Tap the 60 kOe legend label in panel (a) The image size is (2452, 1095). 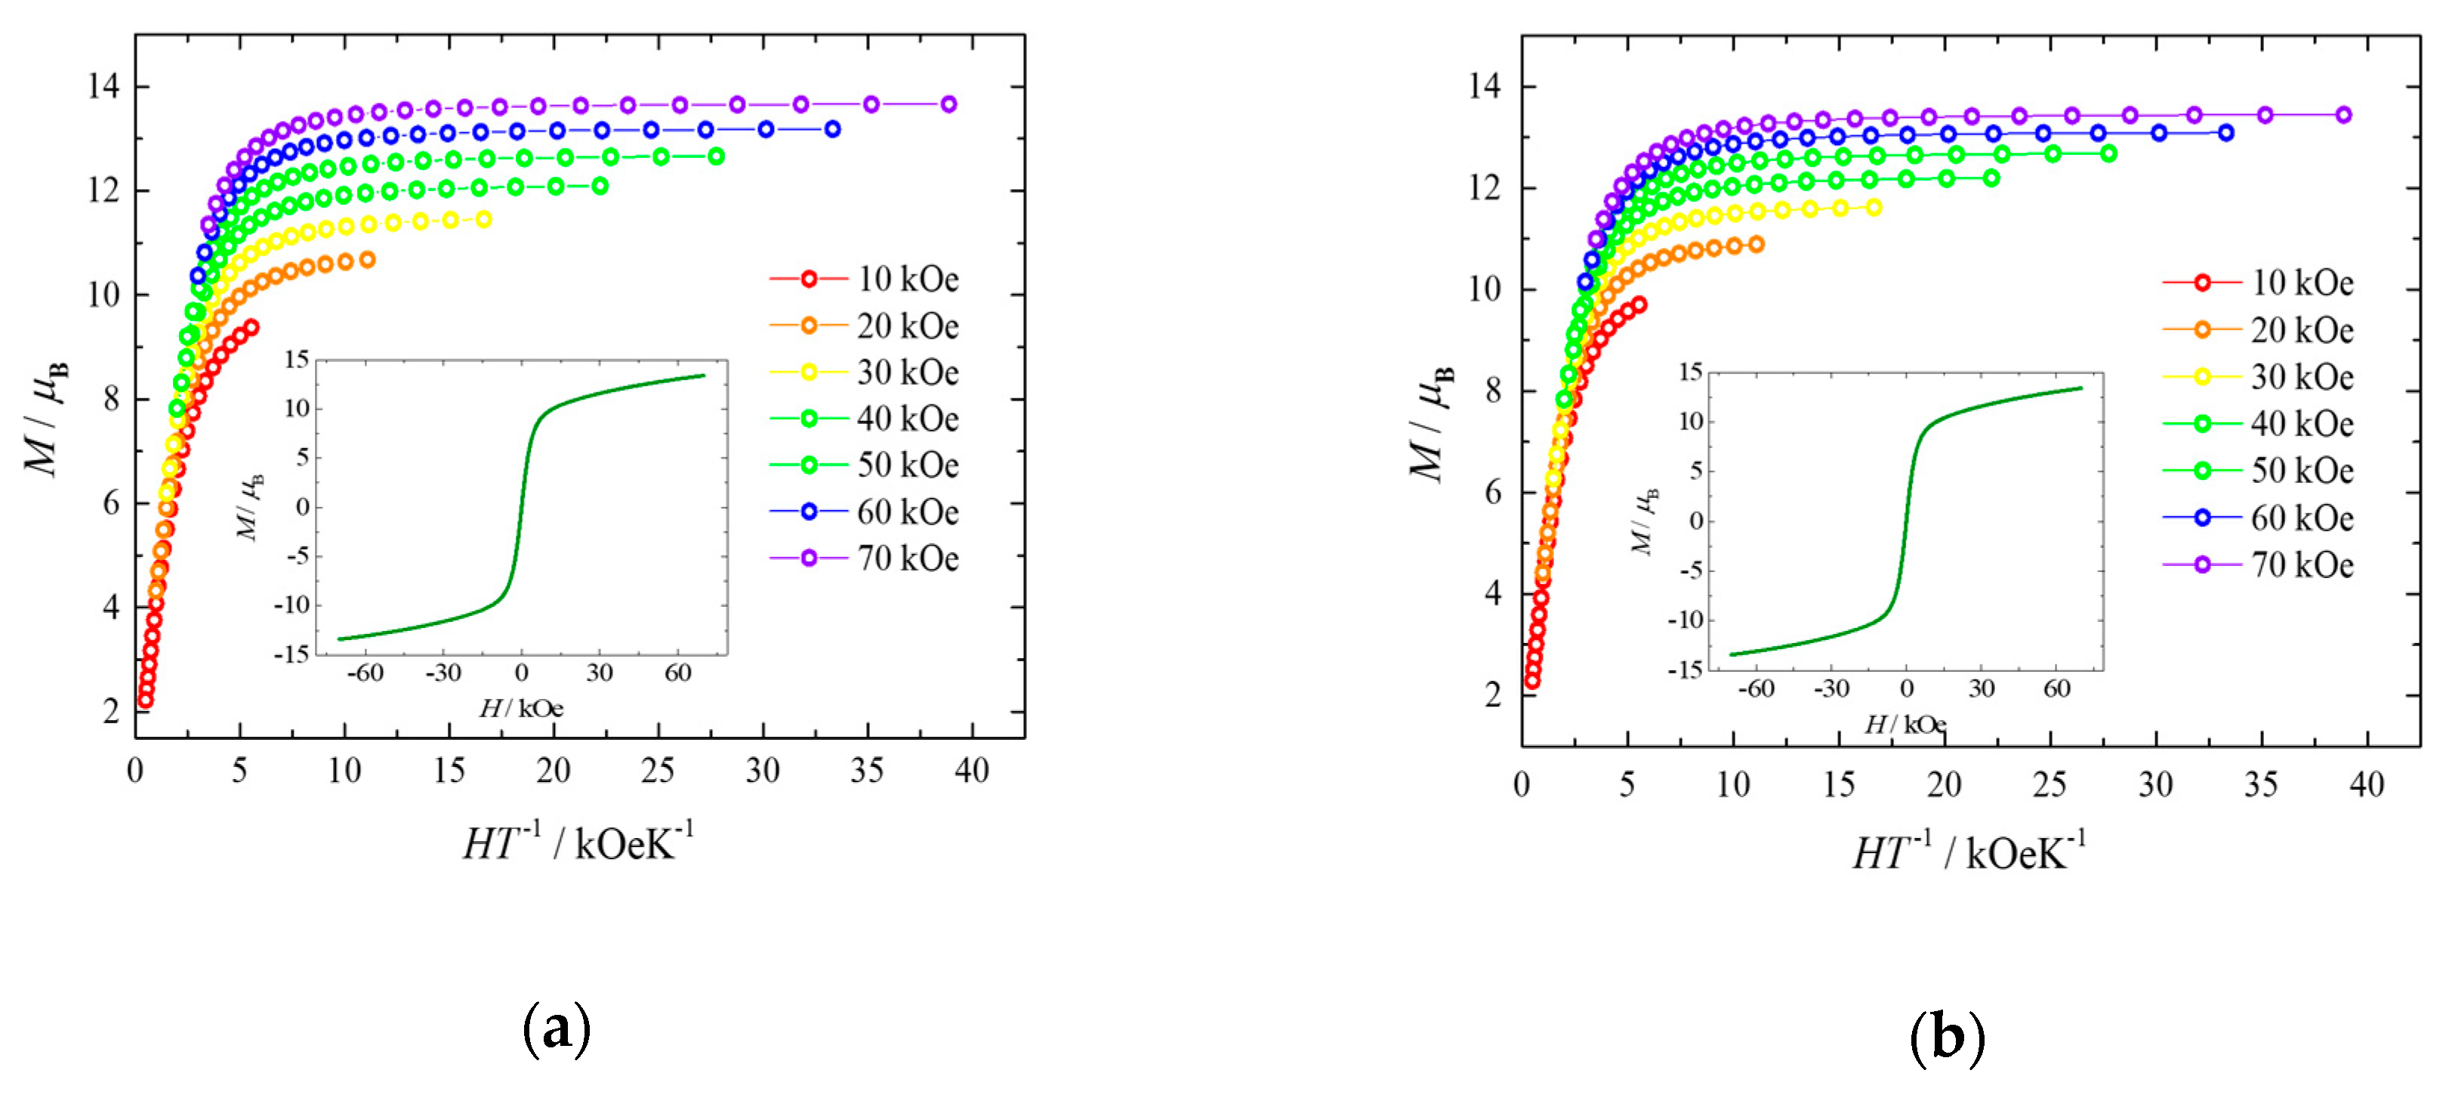(x=906, y=512)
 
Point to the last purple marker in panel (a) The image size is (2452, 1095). (x=948, y=104)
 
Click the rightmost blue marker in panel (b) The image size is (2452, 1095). (x=2225, y=132)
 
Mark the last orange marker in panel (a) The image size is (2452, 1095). (x=366, y=259)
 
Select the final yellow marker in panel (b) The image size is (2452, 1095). (x=1874, y=206)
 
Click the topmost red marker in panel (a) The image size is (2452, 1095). (x=251, y=326)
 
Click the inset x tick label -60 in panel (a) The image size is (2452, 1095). (x=365, y=673)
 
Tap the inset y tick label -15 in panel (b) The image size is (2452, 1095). (x=1689, y=670)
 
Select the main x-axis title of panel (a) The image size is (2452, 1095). (x=578, y=843)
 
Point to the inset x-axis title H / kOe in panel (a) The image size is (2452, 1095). (x=520, y=708)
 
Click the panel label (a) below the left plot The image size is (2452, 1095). (x=557, y=1028)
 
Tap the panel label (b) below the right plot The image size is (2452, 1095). (x=1948, y=1037)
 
